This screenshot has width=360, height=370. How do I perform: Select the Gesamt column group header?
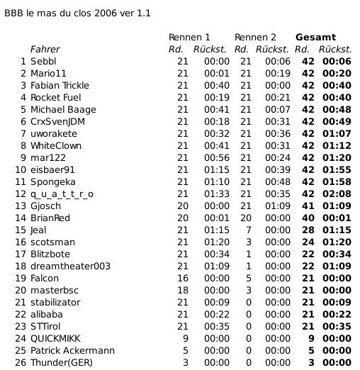pyautogui.click(x=315, y=37)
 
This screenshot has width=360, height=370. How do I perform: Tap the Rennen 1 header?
pyautogui.click(x=189, y=37)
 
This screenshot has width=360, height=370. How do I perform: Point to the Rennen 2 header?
pyautogui.click(x=255, y=37)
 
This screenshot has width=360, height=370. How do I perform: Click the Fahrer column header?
pyautogui.click(x=45, y=50)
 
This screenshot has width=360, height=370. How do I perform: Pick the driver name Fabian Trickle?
pyautogui.click(x=60, y=86)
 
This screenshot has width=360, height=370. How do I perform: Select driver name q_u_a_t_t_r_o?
pyautogui.click(x=62, y=194)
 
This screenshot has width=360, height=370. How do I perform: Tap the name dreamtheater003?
pyautogui.click(x=71, y=266)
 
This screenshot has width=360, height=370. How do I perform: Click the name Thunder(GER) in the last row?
pyautogui.click(x=62, y=362)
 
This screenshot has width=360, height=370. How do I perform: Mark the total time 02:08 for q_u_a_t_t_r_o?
pyautogui.click(x=337, y=194)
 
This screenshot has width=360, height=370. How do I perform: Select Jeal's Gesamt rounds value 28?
pyautogui.click(x=308, y=230)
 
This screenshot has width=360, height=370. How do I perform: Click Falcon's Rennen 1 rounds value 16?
pyautogui.click(x=182, y=278)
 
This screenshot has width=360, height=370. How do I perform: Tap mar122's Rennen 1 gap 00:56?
pyautogui.click(x=216, y=157)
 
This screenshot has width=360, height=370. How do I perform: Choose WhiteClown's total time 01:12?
pyautogui.click(x=337, y=145)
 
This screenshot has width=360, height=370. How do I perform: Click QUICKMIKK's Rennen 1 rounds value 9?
pyautogui.click(x=186, y=338)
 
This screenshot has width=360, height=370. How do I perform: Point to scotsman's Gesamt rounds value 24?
pyautogui.click(x=308, y=242)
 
